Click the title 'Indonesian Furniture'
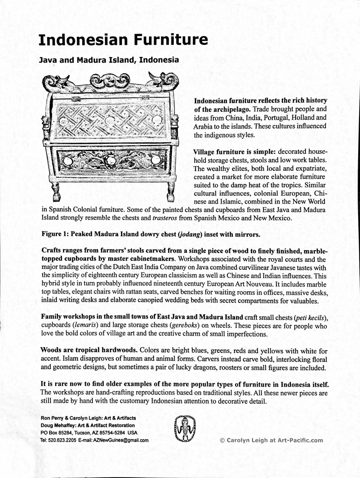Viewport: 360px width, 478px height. (123, 40)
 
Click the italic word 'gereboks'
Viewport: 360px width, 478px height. (187, 325)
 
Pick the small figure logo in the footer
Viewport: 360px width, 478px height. (185, 429)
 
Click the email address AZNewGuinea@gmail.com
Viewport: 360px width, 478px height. (120, 440)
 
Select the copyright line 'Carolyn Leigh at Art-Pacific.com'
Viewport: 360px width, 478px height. (271, 440)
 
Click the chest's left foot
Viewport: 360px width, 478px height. (56, 191)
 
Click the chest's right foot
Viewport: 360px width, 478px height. (170, 191)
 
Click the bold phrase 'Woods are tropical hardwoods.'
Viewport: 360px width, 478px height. (89, 350)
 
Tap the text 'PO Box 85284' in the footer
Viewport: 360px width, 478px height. (56, 433)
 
